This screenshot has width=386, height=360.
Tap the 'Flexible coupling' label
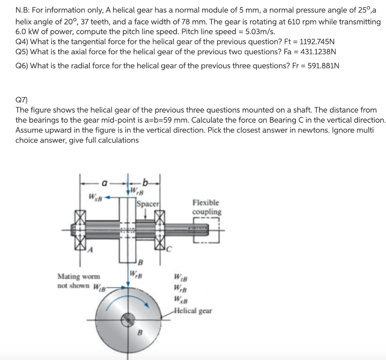click(207, 207)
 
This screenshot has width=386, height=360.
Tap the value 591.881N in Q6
click(323, 66)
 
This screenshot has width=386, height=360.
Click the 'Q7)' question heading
click(22, 100)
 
